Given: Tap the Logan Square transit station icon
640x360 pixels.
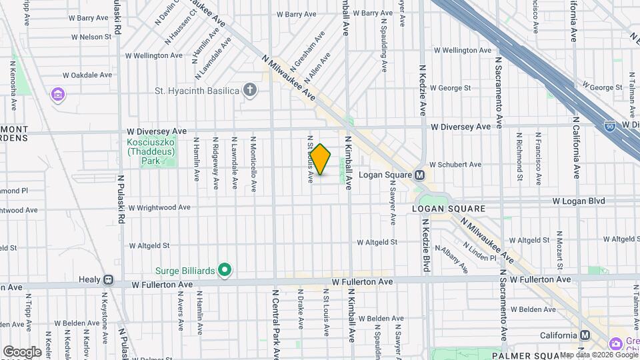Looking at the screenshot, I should tap(420, 175).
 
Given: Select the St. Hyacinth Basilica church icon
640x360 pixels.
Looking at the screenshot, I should tap(250, 90).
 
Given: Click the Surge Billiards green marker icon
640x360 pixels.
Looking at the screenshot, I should tap(225, 270).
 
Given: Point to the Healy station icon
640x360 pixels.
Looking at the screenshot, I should tap(108, 280).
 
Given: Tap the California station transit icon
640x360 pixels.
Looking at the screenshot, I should tap(585, 335).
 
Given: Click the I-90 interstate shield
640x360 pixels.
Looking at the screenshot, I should tap(610, 125).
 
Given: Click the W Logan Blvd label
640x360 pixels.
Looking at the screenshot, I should tap(578, 201).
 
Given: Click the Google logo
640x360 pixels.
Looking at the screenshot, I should tap(22, 351).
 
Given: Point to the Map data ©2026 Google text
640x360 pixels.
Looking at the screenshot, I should tap(599, 355).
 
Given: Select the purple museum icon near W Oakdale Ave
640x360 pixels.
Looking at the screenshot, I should tap(58, 95).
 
